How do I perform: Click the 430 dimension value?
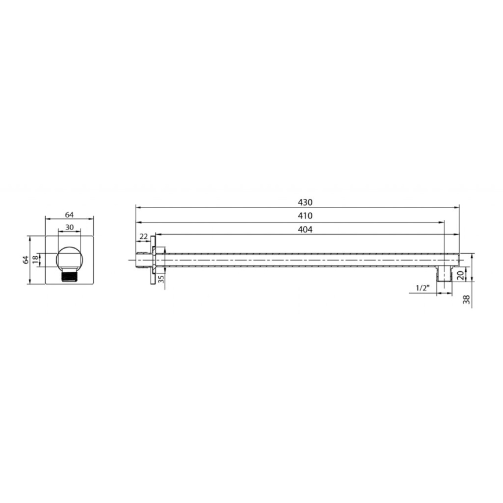(x=305, y=202)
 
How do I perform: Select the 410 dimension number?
(x=305, y=216)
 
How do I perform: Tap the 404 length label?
(x=305, y=229)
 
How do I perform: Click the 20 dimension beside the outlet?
(x=460, y=275)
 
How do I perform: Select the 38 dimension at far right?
(x=466, y=299)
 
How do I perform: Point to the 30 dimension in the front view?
(x=70, y=228)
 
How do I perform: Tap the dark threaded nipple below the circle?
(x=70, y=276)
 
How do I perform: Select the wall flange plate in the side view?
(x=154, y=260)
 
